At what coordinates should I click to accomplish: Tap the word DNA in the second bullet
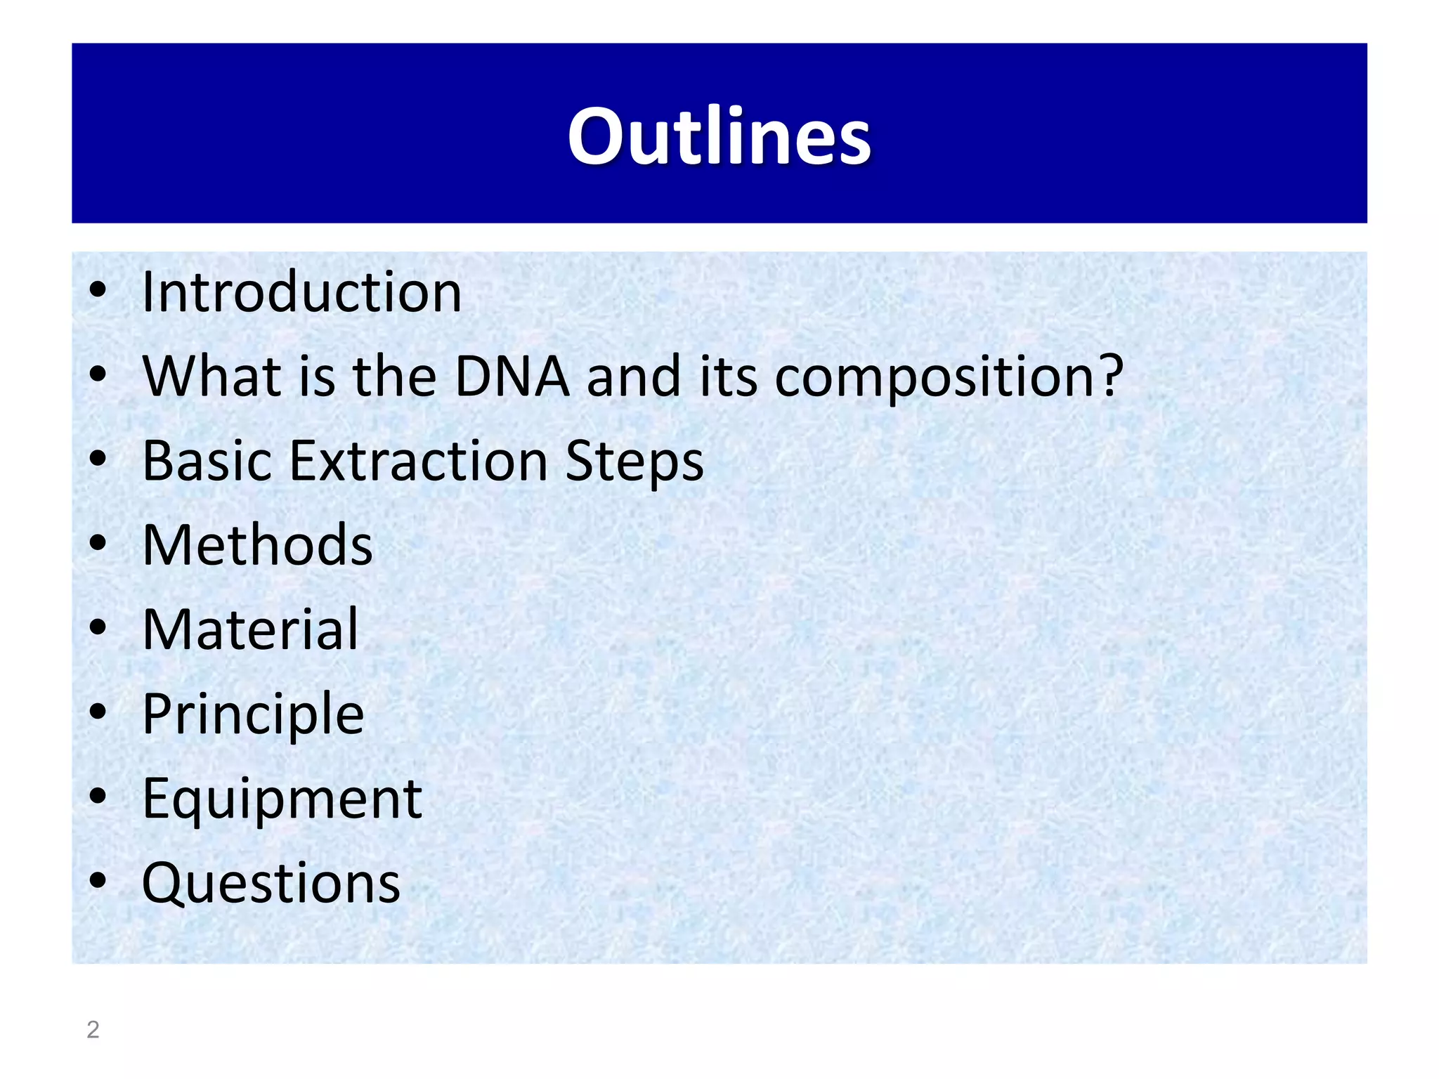point(512,377)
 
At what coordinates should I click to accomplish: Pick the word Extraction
point(418,461)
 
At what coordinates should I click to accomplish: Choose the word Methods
point(257,545)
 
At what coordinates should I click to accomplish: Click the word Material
point(250,629)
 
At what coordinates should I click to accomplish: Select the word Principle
point(253,715)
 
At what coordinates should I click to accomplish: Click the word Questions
point(271,883)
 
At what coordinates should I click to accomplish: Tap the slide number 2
point(93,1030)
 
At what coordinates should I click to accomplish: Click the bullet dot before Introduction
point(98,289)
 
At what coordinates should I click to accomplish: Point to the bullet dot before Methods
point(98,542)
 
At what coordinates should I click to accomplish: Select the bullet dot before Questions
point(98,880)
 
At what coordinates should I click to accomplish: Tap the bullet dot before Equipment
point(98,796)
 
